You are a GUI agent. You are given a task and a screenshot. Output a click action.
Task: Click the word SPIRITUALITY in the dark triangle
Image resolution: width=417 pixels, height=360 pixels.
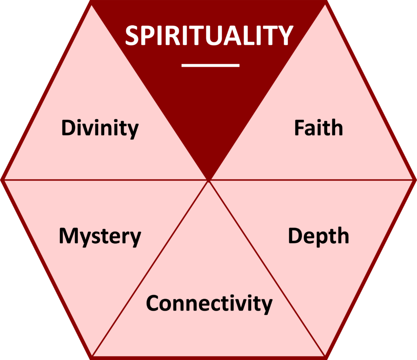tap(208, 35)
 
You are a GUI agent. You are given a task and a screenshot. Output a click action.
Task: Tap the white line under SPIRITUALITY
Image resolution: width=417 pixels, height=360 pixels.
tap(210, 65)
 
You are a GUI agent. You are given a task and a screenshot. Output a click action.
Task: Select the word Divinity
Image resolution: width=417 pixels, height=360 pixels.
tap(100, 128)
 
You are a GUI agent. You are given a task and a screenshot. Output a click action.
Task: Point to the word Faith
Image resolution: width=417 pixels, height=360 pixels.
tap(318, 128)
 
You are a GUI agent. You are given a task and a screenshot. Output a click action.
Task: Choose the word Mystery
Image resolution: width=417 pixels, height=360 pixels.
tap(100, 236)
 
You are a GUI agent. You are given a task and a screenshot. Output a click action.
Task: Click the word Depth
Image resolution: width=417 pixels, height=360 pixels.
tap(318, 236)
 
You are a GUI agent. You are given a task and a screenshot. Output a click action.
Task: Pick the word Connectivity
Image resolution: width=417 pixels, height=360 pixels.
tap(209, 303)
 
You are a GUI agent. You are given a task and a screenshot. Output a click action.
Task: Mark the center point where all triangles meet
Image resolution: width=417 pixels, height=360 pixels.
tap(208, 179)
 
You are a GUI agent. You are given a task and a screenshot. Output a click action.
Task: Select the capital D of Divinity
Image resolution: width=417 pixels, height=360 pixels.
tap(68, 128)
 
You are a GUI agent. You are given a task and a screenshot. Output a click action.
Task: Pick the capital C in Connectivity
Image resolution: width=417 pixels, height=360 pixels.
tap(154, 303)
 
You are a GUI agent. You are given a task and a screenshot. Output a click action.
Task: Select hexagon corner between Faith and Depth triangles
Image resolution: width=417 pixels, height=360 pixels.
tap(415, 179)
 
